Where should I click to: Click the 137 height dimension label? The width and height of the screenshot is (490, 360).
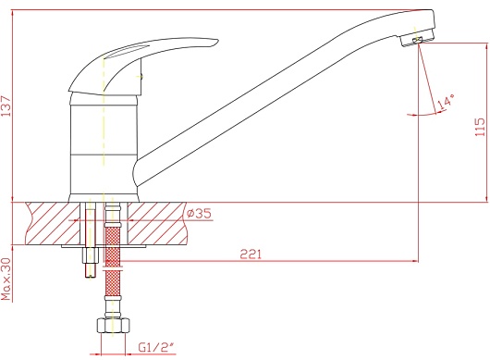(6, 106)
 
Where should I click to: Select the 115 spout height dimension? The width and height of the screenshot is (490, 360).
(480, 127)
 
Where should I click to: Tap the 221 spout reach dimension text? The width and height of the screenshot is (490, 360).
(251, 254)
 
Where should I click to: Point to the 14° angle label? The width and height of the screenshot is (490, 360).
(445, 103)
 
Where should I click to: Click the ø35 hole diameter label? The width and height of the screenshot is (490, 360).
(199, 213)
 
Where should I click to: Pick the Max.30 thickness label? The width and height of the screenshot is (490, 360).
(6, 279)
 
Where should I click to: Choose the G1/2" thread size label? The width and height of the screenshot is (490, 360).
(155, 347)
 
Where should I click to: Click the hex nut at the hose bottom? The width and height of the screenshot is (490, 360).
(113, 325)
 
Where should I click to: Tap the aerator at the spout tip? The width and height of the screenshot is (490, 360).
(417, 39)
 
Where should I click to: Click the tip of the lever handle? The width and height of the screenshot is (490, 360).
(217, 41)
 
